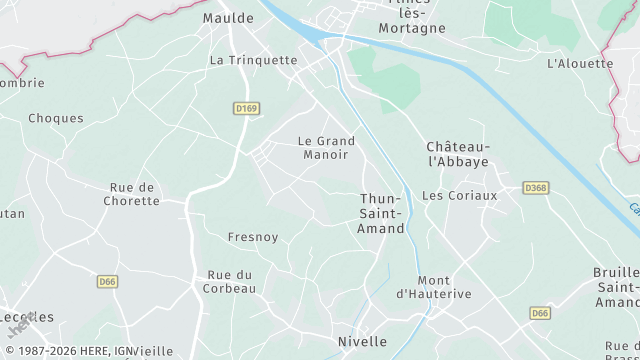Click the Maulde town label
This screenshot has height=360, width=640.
click(x=228, y=18)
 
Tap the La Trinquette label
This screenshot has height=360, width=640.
click(x=254, y=60)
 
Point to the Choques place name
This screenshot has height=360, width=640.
click(x=56, y=118)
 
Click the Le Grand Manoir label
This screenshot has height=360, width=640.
click(x=326, y=148)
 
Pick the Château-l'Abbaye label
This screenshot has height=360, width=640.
click(x=458, y=153)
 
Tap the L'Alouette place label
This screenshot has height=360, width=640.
click(x=580, y=63)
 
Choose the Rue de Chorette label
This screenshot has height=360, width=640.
click(x=131, y=194)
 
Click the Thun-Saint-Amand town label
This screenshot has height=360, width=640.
click(x=382, y=214)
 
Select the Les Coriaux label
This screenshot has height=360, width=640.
click(x=459, y=196)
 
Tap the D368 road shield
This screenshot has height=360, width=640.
click(x=536, y=188)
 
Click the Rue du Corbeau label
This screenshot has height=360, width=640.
click(x=231, y=281)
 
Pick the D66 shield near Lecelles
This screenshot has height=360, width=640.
click(x=108, y=282)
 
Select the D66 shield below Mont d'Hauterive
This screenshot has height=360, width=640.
click(x=540, y=313)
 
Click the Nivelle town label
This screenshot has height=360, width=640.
click(x=362, y=341)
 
